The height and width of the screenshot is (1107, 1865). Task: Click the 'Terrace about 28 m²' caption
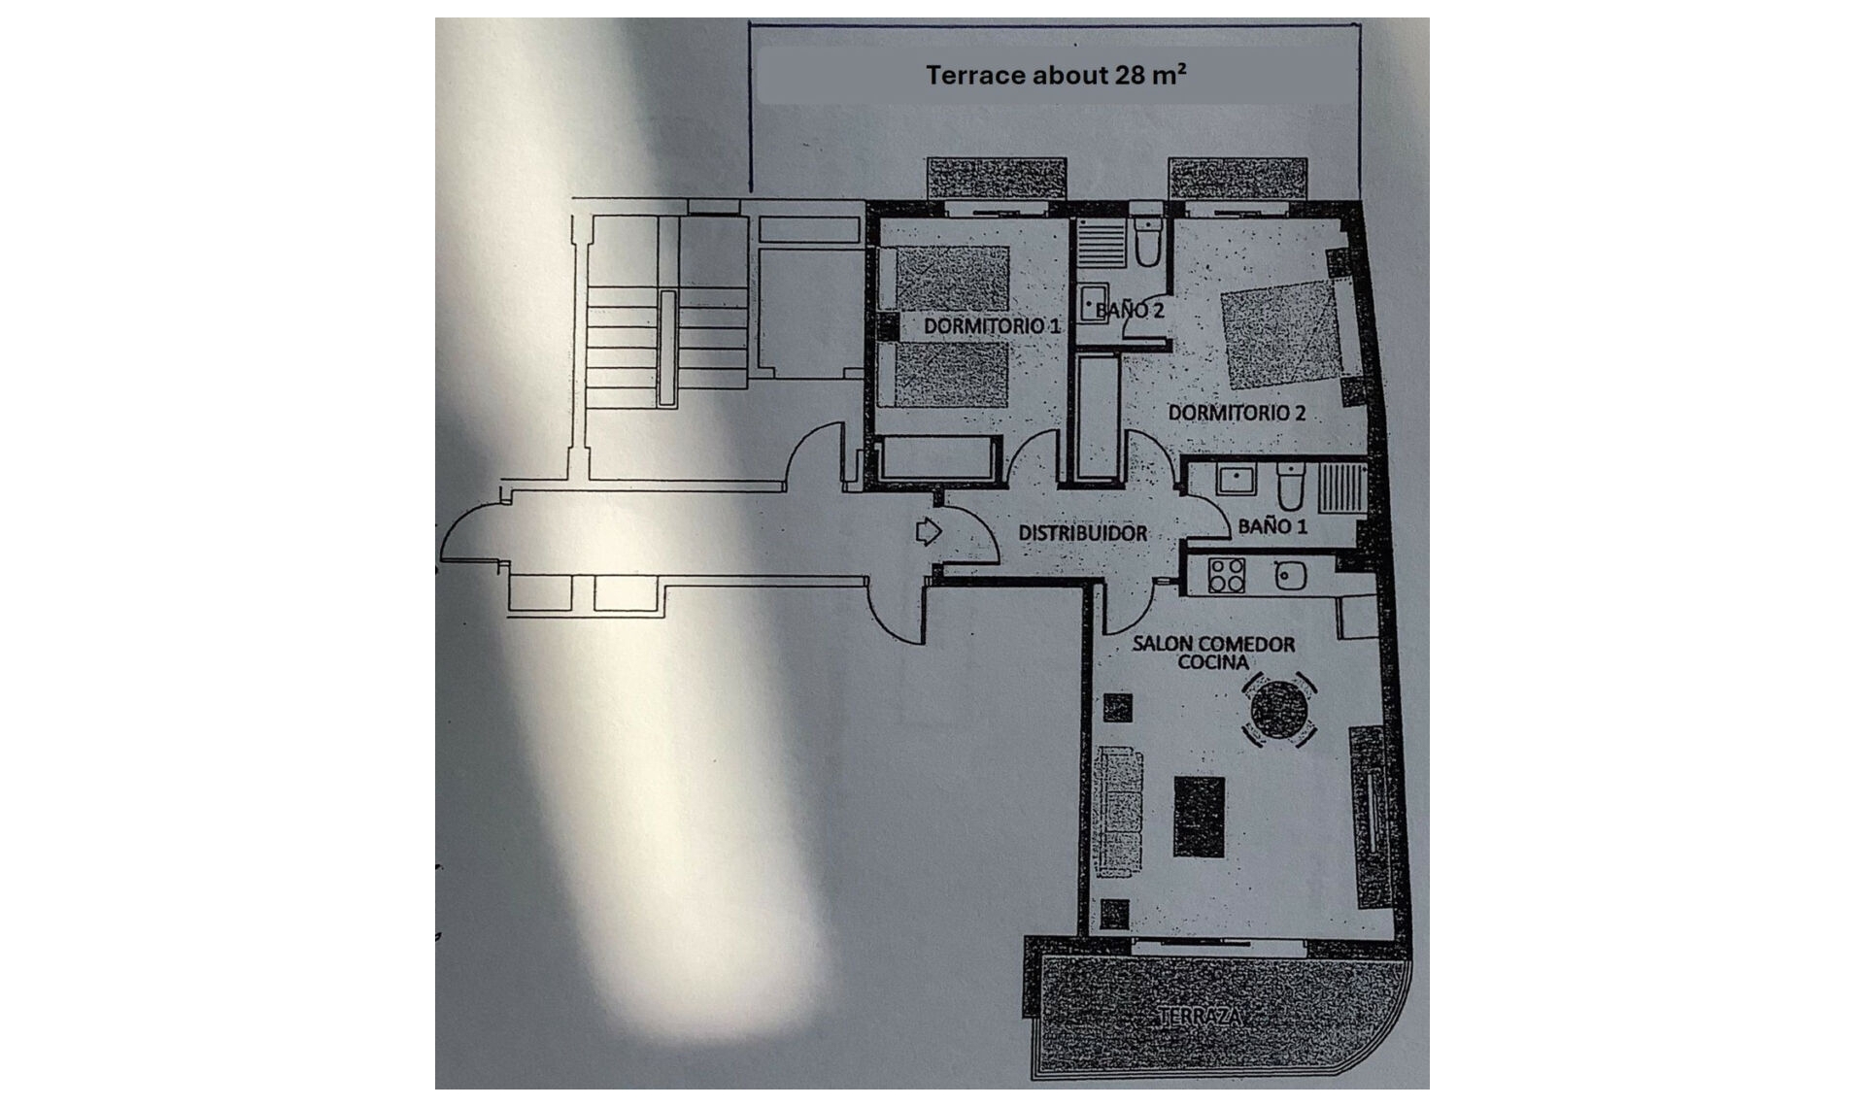coord(1056,75)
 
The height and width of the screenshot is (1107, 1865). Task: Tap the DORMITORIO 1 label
coord(991,326)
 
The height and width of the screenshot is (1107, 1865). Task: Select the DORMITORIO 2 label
coord(1236,413)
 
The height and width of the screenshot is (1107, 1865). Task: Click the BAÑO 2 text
coord(1130,311)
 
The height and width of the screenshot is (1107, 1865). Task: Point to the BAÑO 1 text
coord(1272,526)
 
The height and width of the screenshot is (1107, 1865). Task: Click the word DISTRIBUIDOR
coord(1082,533)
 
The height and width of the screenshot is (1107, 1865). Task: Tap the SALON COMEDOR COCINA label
coord(1212,653)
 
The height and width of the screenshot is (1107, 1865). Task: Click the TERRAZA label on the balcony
coord(1200,1017)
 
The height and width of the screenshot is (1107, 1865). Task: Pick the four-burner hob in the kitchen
coord(1227,575)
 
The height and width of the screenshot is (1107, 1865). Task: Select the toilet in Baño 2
coord(1148,243)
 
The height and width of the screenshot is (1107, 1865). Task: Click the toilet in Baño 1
coord(1290,488)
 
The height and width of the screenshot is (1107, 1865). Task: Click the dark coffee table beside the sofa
coord(1199,816)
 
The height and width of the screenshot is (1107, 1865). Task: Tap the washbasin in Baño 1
coord(1235,479)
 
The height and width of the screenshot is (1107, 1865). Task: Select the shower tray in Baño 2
coord(1101,244)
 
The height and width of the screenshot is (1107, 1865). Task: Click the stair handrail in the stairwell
coord(666,347)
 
